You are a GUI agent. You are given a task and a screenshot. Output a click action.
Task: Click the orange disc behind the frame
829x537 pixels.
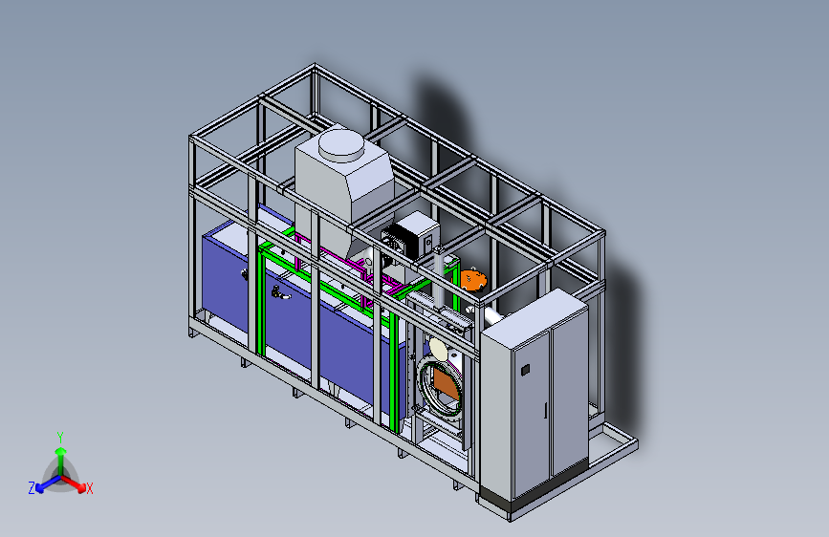point(472,280)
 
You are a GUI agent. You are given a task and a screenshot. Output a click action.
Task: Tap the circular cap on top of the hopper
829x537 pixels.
point(341,145)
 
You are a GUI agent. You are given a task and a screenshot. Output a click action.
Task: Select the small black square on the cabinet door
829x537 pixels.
point(525,370)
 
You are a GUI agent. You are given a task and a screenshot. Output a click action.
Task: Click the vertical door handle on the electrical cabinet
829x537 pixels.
point(545,411)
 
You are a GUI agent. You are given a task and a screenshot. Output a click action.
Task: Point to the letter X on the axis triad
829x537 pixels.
point(89,489)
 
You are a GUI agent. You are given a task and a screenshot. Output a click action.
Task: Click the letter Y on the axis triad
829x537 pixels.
point(60,438)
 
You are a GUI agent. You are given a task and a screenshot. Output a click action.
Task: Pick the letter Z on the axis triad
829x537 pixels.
point(32,488)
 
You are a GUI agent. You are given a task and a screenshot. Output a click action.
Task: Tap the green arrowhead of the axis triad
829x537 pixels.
point(61,451)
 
